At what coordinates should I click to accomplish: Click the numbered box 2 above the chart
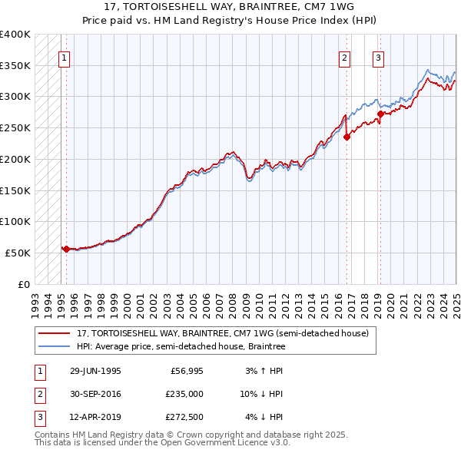pyautogui.click(x=344, y=57)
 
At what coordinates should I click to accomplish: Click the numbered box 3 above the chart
pyautogui.click(x=379, y=57)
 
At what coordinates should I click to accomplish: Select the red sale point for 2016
pyautogui.click(x=347, y=137)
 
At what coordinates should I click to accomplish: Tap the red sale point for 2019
pyautogui.click(x=380, y=114)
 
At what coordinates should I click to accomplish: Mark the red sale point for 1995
pyautogui.click(x=66, y=249)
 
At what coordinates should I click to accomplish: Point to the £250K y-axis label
pyautogui.click(x=15, y=127)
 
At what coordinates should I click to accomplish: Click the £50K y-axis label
pyautogui.click(x=18, y=253)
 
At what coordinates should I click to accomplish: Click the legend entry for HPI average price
pyautogui.click(x=181, y=346)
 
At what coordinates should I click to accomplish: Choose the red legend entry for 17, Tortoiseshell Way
pyautogui.click(x=223, y=333)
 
